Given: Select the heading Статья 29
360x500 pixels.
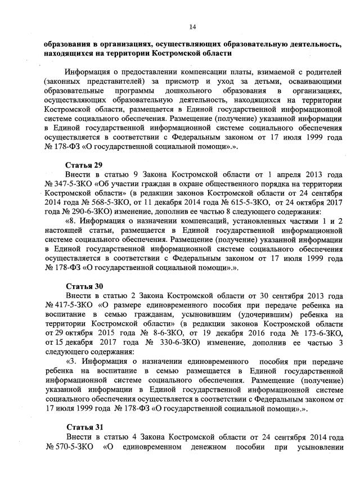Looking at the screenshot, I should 83,165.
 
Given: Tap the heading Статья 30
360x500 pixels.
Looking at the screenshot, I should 83,286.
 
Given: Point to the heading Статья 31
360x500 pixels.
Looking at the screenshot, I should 83,427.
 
